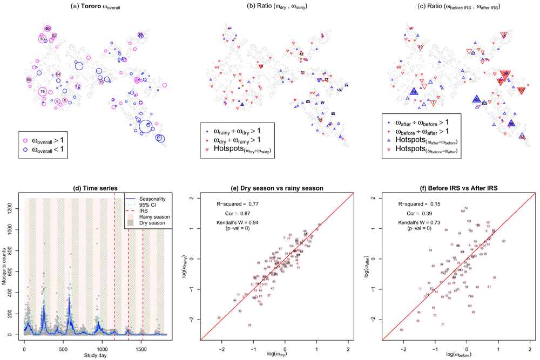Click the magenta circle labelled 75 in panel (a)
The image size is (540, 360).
point(42,92)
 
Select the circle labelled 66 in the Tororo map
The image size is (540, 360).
point(29,80)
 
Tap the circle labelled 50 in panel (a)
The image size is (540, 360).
point(43,39)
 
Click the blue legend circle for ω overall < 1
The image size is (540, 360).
point(25,147)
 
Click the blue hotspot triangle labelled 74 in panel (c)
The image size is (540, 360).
point(414,92)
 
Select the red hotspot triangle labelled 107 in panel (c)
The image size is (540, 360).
point(521,90)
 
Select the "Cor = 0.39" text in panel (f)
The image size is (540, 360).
point(418,214)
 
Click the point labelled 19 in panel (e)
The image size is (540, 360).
point(249,325)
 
